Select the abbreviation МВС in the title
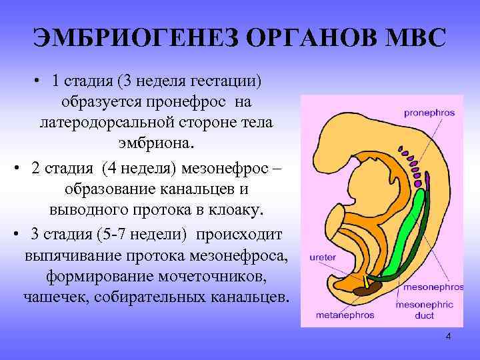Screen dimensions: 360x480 pos(412,38)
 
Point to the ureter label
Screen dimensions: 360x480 pos(319,255)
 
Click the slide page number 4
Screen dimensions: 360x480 pos(448,337)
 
